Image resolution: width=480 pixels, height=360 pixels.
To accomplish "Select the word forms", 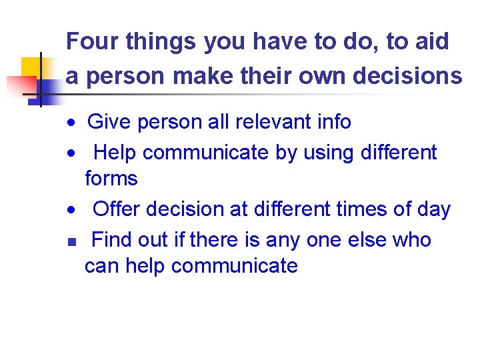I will coord(111,178).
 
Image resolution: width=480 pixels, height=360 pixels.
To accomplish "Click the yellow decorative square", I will coord(32,67).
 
